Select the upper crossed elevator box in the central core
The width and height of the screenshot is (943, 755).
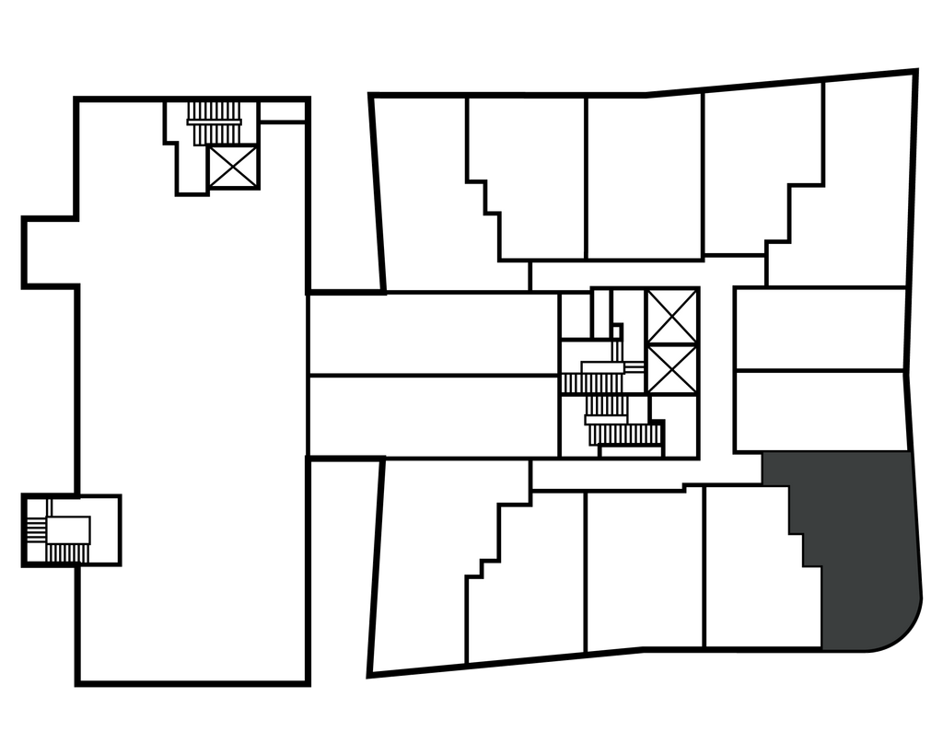(x=671, y=316)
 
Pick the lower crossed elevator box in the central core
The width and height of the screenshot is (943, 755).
(x=671, y=369)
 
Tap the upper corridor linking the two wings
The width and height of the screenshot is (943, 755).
(x=433, y=333)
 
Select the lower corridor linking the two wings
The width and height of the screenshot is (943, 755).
(x=433, y=416)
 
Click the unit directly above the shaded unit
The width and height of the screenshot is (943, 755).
(x=820, y=411)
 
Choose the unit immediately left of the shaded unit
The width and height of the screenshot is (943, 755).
(x=751, y=571)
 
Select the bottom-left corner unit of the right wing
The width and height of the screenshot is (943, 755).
(x=424, y=580)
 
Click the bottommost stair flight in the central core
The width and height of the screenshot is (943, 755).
(x=630, y=434)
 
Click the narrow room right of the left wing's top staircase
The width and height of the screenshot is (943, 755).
(x=283, y=112)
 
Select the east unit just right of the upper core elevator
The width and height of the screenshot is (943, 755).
(x=820, y=329)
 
